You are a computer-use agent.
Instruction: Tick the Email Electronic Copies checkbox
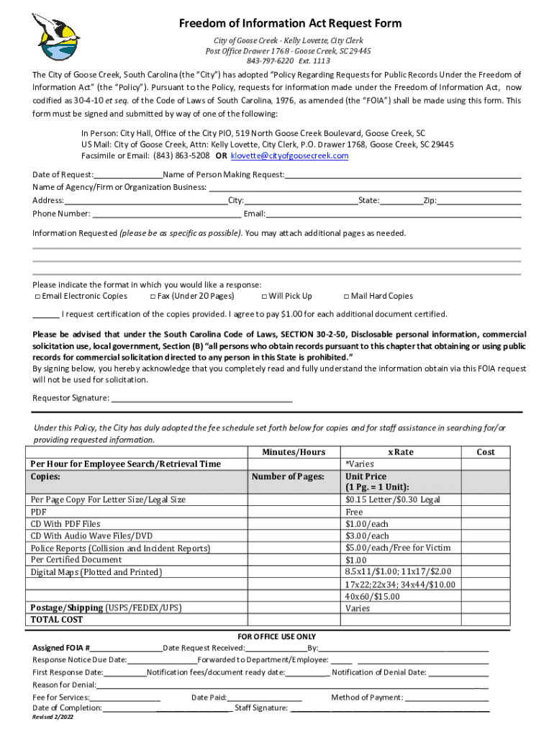(37, 297)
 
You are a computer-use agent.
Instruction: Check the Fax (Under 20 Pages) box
(153, 297)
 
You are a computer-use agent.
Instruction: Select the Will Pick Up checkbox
(264, 297)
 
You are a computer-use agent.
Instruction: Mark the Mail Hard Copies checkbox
(346, 297)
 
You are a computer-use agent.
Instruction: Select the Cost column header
(486, 453)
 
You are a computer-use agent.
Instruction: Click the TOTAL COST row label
(57, 620)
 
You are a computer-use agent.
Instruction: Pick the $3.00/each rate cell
(367, 536)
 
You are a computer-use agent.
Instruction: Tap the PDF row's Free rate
(354, 512)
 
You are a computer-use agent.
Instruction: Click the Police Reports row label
(120, 548)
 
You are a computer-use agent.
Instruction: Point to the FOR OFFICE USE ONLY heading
(277, 637)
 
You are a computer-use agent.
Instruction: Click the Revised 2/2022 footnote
(53, 718)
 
